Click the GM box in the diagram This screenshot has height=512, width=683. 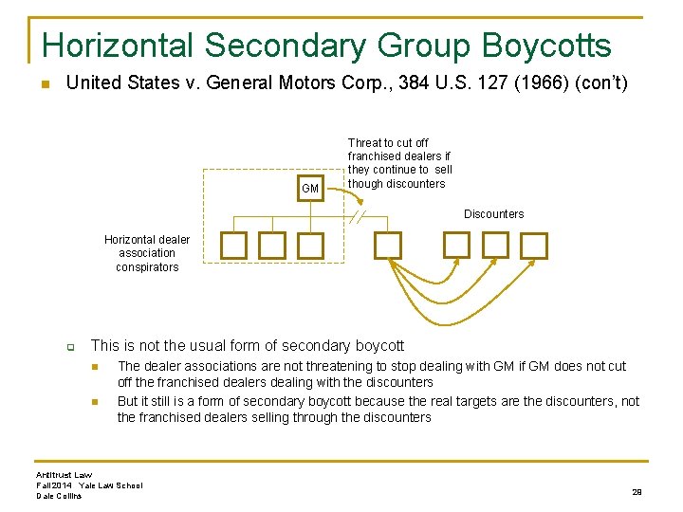tap(310, 188)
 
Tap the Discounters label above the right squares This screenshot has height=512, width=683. tap(493, 214)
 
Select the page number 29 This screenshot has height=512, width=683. tap(637, 491)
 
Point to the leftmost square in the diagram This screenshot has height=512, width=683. tap(233, 247)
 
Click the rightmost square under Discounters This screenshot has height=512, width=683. tap(534, 246)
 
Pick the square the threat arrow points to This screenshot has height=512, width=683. tap(388, 246)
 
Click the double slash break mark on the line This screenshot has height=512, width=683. tap(357, 217)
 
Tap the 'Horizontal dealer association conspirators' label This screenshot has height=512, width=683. tap(147, 253)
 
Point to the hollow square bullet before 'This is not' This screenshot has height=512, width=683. tap(70, 347)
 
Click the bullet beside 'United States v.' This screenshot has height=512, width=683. tap(44, 84)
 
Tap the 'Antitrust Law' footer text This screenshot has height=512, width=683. tap(65, 474)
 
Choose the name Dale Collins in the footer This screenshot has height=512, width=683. tap(59, 496)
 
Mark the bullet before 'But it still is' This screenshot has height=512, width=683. tap(95, 402)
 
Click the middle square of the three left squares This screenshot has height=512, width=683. tap(272, 247)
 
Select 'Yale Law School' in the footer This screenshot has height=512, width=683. tap(111, 485)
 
